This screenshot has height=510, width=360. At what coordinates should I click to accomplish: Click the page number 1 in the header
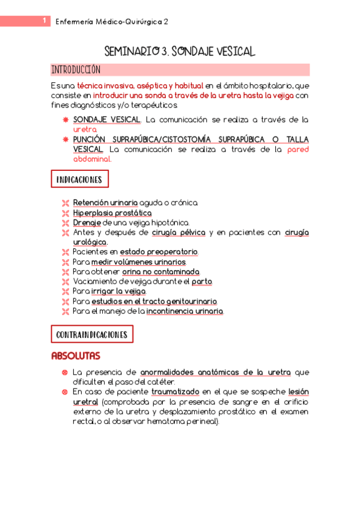point(44,21)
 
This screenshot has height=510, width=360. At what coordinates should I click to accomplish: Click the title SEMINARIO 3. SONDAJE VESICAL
point(180,51)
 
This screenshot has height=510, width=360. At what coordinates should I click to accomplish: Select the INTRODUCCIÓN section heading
point(76,69)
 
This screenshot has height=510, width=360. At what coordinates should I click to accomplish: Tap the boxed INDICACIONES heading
point(79,179)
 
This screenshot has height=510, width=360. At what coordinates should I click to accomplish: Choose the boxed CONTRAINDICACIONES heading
point(91,334)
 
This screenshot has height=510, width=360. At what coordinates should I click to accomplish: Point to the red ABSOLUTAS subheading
point(76,356)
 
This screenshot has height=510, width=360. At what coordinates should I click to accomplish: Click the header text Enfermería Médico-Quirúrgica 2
point(112,22)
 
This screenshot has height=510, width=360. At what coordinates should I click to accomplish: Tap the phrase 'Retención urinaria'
point(105,203)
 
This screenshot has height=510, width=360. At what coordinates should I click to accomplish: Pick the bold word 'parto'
point(202,281)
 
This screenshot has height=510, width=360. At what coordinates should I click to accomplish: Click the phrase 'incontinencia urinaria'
point(185,311)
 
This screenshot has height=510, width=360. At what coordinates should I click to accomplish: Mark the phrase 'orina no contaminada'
point(165,271)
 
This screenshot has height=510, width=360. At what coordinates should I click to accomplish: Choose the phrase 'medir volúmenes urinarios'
point(139,262)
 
